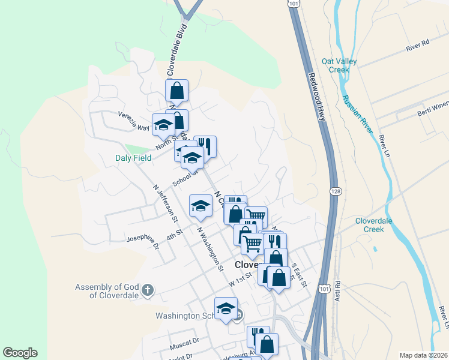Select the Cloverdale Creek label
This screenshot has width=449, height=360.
pos(378,225)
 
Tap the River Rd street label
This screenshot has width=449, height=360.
pos(418,44)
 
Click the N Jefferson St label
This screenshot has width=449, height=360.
pos(164,200)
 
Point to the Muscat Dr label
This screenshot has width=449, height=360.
pos(184,342)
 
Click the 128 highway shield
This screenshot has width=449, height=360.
pos(335,190)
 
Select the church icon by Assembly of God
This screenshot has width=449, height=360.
pos(148,292)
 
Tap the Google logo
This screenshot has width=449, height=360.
pos(20,353)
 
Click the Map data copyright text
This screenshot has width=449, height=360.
pos(423,355)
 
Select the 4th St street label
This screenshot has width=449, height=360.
pos(175,233)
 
